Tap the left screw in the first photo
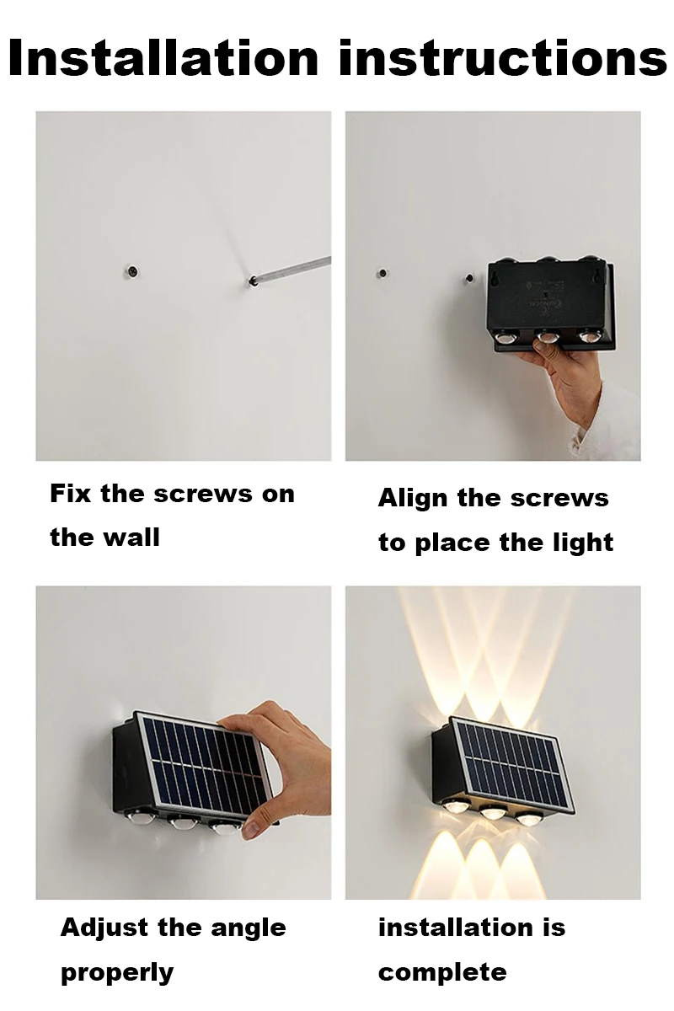(133, 271)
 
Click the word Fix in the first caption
(70, 494)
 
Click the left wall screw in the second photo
(382, 274)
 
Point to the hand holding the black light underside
(573, 379)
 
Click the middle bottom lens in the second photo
(548, 339)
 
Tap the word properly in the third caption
(117, 973)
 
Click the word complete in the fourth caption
(442, 973)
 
